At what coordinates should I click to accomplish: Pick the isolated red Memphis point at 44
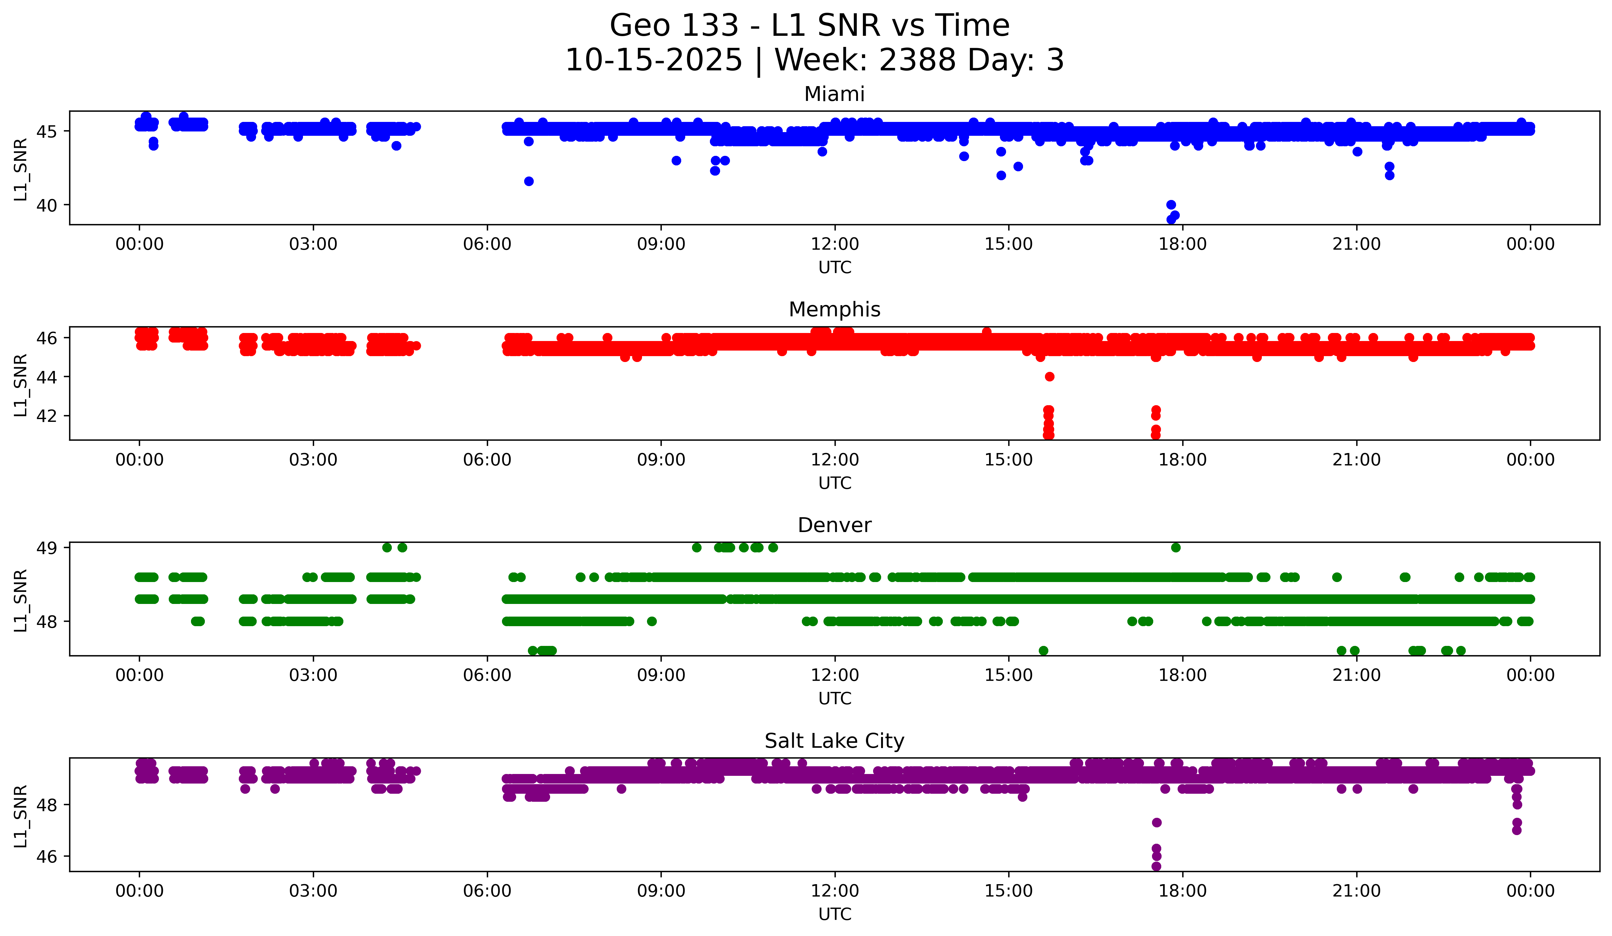click(1049, 377)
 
